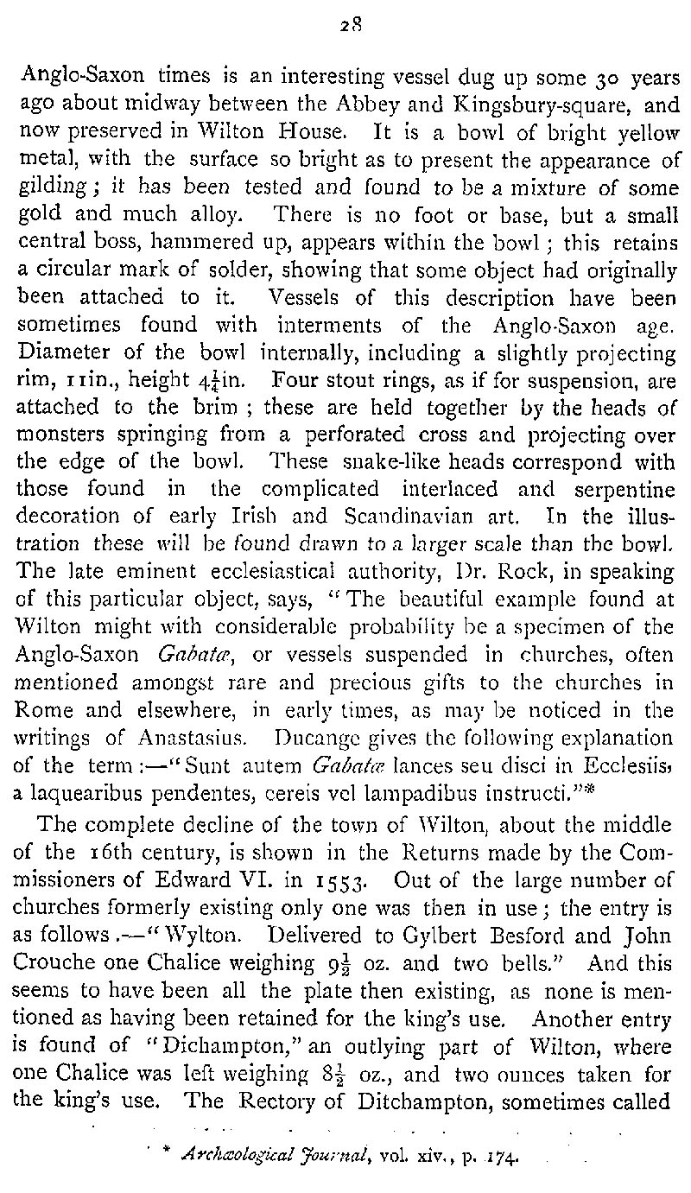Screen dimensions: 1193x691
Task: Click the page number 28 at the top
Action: coord(345,25)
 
